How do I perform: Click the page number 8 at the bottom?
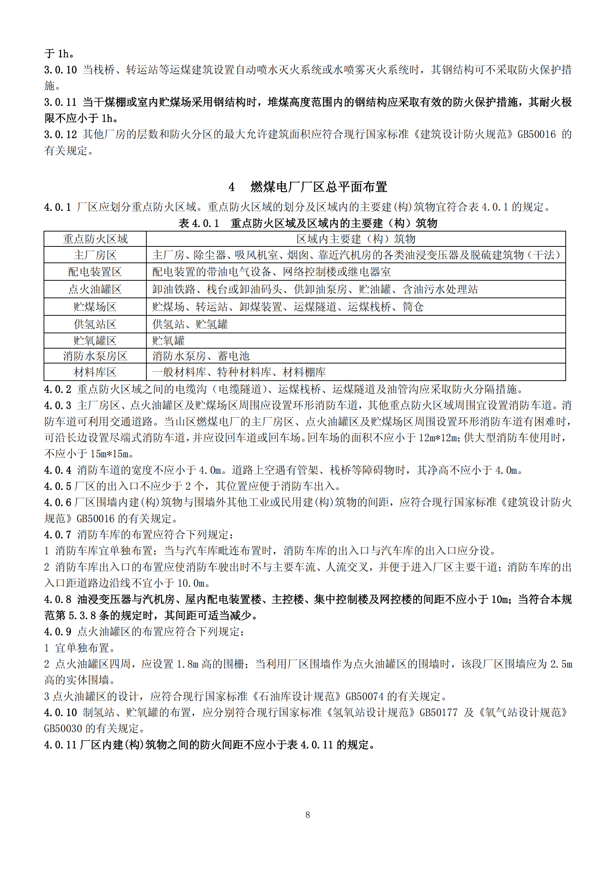308,815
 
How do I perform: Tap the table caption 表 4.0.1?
199,223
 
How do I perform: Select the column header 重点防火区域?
95,239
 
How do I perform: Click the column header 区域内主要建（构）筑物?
356,239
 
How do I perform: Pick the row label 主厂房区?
95,255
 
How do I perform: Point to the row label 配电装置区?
95,271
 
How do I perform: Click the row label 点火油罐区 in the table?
95,289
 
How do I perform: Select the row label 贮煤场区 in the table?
95,307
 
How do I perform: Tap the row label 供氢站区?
95,324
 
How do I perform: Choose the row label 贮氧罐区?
95,341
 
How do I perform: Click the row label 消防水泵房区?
95,356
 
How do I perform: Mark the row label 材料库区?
95,372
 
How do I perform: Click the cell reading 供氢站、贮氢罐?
190,324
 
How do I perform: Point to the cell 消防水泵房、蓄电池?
201,356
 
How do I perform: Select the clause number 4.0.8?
58,600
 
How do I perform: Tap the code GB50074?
365,696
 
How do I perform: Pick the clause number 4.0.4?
58,470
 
